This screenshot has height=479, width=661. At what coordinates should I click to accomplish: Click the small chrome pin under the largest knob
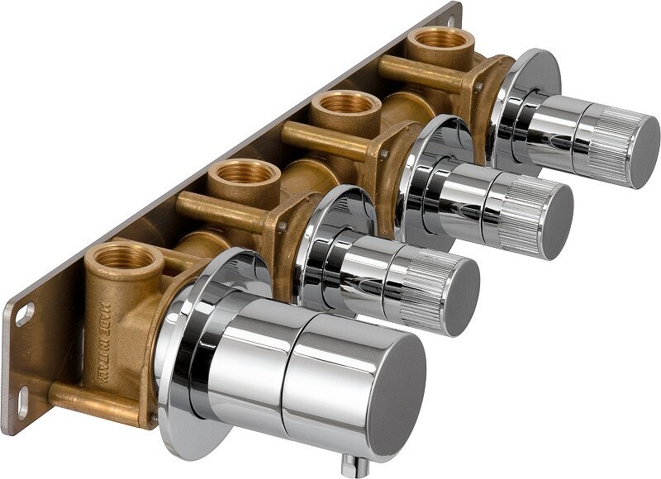click(x=355, y=465)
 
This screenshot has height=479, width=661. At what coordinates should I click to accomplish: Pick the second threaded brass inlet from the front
click(x=245, y=173)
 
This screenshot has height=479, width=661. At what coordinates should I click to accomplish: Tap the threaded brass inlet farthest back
click(x=441, y=39)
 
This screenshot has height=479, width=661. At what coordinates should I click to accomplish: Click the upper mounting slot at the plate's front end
click(x=25, y=315)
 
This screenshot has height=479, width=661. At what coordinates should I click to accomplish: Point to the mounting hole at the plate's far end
click(x=451, y=19)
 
